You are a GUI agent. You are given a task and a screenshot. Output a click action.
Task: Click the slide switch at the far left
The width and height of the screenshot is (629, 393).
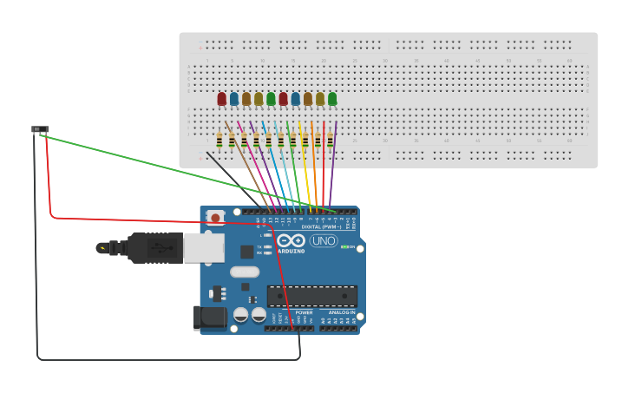40,130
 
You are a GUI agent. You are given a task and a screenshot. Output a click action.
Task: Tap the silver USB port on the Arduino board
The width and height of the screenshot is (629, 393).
204,248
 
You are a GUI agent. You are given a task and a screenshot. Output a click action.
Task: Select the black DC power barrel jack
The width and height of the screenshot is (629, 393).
210,318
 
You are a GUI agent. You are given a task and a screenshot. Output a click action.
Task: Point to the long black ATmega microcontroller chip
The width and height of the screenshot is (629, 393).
311,296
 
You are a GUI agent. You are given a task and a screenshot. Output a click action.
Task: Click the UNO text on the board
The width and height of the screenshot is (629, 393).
324,240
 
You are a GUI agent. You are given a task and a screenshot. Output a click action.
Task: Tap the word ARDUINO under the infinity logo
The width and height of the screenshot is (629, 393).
292,251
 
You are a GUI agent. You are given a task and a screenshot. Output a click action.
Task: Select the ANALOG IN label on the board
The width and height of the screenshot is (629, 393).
340,312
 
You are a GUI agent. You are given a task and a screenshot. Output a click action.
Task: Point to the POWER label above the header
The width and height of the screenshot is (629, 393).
304,312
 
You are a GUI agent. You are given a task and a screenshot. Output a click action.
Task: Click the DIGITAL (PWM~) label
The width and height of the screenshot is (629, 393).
320,226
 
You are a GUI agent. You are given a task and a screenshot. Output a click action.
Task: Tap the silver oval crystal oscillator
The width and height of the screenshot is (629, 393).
245,272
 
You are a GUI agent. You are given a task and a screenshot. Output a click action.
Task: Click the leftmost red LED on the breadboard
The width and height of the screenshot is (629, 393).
221,99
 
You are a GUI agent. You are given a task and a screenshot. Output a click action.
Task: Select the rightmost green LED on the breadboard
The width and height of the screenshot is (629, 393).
332,99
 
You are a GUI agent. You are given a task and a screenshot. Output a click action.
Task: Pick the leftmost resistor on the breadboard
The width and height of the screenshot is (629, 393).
219,140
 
